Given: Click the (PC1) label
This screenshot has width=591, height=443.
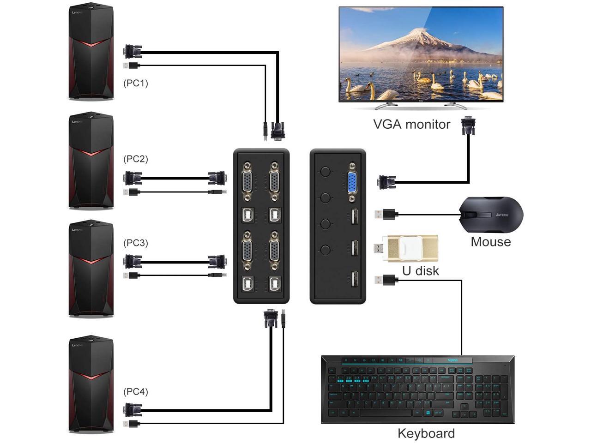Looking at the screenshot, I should coord(135,83).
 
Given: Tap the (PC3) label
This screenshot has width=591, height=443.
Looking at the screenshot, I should coord(135,243).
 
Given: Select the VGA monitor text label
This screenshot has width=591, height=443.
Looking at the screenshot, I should coord(411,124).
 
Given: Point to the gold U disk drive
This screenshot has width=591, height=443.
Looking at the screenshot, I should coord(412,248).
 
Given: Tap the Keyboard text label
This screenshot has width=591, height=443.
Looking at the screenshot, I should coord(426,433).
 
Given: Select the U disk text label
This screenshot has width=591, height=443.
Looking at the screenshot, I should coord(420,270).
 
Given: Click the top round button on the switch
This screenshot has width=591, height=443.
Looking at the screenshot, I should coord(326,172).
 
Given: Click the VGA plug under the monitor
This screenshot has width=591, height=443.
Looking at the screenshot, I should coord(469,126).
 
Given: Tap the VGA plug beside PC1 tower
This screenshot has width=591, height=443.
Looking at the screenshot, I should coord(133,51).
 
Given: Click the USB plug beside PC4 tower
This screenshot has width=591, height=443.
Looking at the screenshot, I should coord(132,424).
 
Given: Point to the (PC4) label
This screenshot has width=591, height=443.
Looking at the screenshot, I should coord(135,392).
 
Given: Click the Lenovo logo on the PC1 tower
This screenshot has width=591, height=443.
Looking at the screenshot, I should coord(78,12).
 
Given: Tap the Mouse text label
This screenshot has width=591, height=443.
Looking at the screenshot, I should coord(490,241).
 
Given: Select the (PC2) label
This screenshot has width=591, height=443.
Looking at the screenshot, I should coord(135,159).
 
